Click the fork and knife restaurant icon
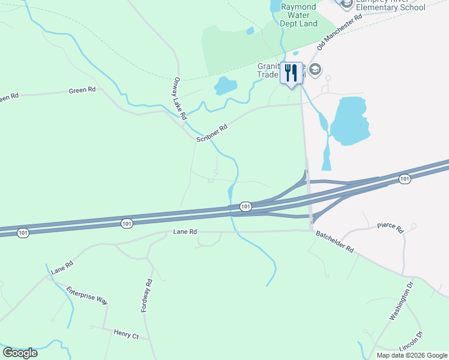(291, 73)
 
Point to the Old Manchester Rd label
(340, 33)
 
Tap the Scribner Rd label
(212, 133)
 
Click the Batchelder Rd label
(333, 241)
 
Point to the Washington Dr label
(402, 303)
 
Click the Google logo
(20, 352)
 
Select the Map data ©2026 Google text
(412, 355)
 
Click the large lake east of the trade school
(348, 120)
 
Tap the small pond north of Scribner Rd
(225, 86)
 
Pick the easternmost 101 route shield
(405, 179)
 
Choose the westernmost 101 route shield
(23, 233)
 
